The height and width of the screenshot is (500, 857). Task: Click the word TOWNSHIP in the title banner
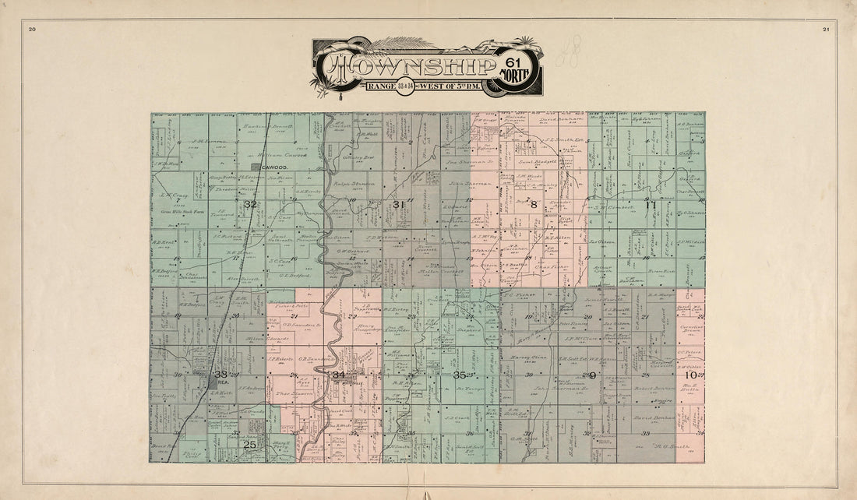(417, 69)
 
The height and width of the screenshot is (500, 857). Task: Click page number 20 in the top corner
(32, 30)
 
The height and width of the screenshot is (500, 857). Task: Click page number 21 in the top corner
(825, 30)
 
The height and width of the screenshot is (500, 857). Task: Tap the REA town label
(221, 382)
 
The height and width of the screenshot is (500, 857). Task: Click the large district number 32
(250, 204)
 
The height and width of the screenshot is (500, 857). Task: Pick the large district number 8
(534, 204)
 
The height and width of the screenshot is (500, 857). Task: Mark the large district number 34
(338, 375)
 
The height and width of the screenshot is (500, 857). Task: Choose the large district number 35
(460, 375)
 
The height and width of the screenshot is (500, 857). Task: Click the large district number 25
(249, 445)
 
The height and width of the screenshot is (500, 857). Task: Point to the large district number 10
(691, 375)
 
